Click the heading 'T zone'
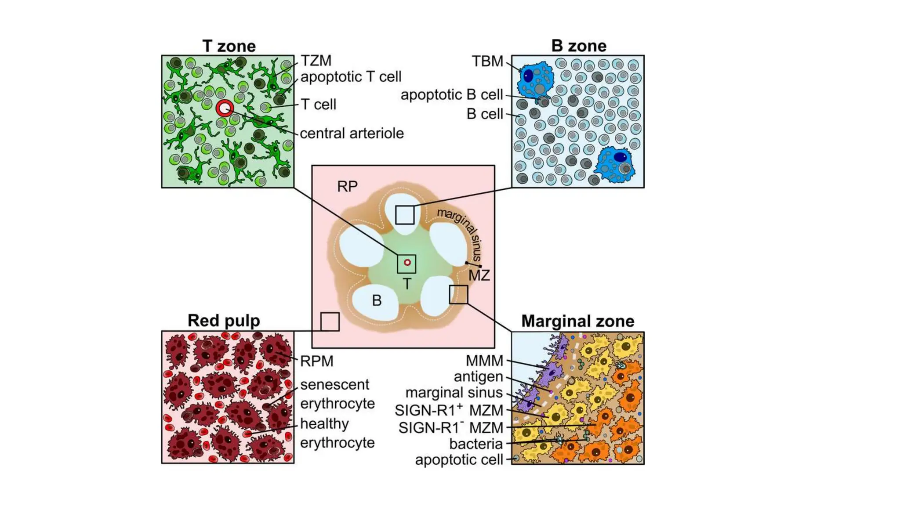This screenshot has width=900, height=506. pyautogui.click(x=229, y=46)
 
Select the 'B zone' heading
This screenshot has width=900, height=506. pyautogui.click(x=578, y=46)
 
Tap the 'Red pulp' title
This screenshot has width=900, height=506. pyautogui.click(x=224, y=321)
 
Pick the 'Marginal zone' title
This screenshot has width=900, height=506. pyautogui.click(x=577, y=321)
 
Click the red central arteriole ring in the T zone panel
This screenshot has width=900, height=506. pyautogui.click(x=225, y=108)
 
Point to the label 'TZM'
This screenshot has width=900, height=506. pyautogui.click(x=316, y=61)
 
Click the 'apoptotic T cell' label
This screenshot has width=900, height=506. pyautogui.click(x=351, y=77)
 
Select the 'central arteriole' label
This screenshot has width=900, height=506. pyautogui.click(x=352, y=133)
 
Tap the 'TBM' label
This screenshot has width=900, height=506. pyautogui.click(x=487, y=61)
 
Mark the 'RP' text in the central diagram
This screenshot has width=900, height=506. pyautogui.click(x=347, y=186)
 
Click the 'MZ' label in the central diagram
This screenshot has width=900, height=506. pyautogui.click(x=479, y=276)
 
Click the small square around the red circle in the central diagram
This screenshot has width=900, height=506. pyautogui.click(x=406, y=264)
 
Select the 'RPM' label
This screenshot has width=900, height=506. pyautogui.click(x=316, y=361)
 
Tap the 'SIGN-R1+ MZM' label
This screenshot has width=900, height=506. pyautogui.click(x=449, y=410)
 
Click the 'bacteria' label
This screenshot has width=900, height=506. pyautogui.click(x=475, y=444)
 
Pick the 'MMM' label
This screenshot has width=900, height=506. pyautogui.click(x=484, y=361)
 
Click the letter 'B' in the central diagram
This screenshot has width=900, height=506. pyautogui.click(x=377, y=300)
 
